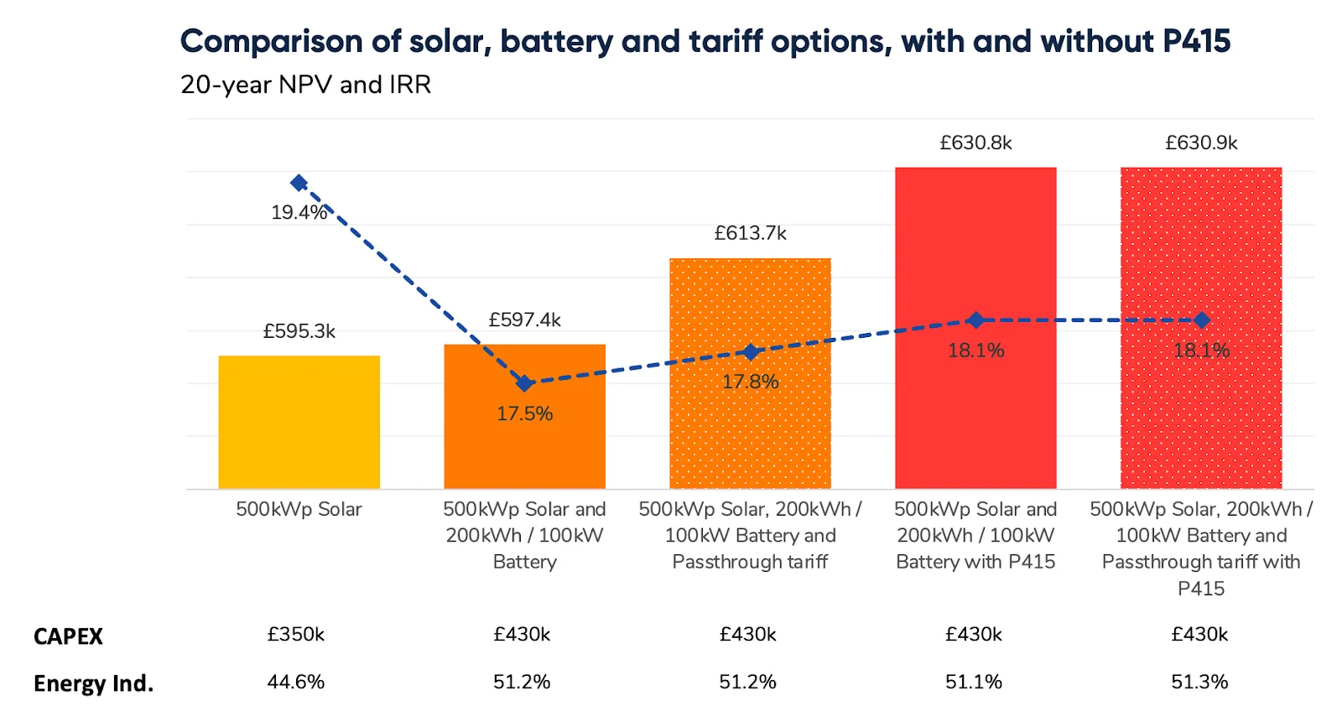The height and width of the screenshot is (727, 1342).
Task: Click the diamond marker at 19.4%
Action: point(299,183)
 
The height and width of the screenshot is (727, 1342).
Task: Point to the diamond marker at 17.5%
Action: point(524,383)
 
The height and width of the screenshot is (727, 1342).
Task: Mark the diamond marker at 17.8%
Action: point(751,352)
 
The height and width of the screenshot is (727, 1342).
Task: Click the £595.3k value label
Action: point(299,331)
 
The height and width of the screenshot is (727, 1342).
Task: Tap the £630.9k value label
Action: point(1201,143)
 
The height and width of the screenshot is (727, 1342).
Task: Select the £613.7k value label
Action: point(750,233)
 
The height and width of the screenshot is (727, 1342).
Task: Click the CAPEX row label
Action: point(68,636)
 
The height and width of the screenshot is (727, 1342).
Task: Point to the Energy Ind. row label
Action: point(93,683)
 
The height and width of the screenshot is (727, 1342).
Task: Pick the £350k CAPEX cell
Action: point(295,634)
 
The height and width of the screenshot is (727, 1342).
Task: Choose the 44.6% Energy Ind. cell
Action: point(295,682)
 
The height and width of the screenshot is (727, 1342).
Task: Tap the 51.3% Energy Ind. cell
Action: point(1199,682)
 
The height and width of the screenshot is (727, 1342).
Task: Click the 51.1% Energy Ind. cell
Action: point(974,682)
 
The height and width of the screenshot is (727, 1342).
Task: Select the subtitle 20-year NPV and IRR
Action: point(305,85)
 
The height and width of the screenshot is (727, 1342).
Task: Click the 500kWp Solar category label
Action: point(299,509)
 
